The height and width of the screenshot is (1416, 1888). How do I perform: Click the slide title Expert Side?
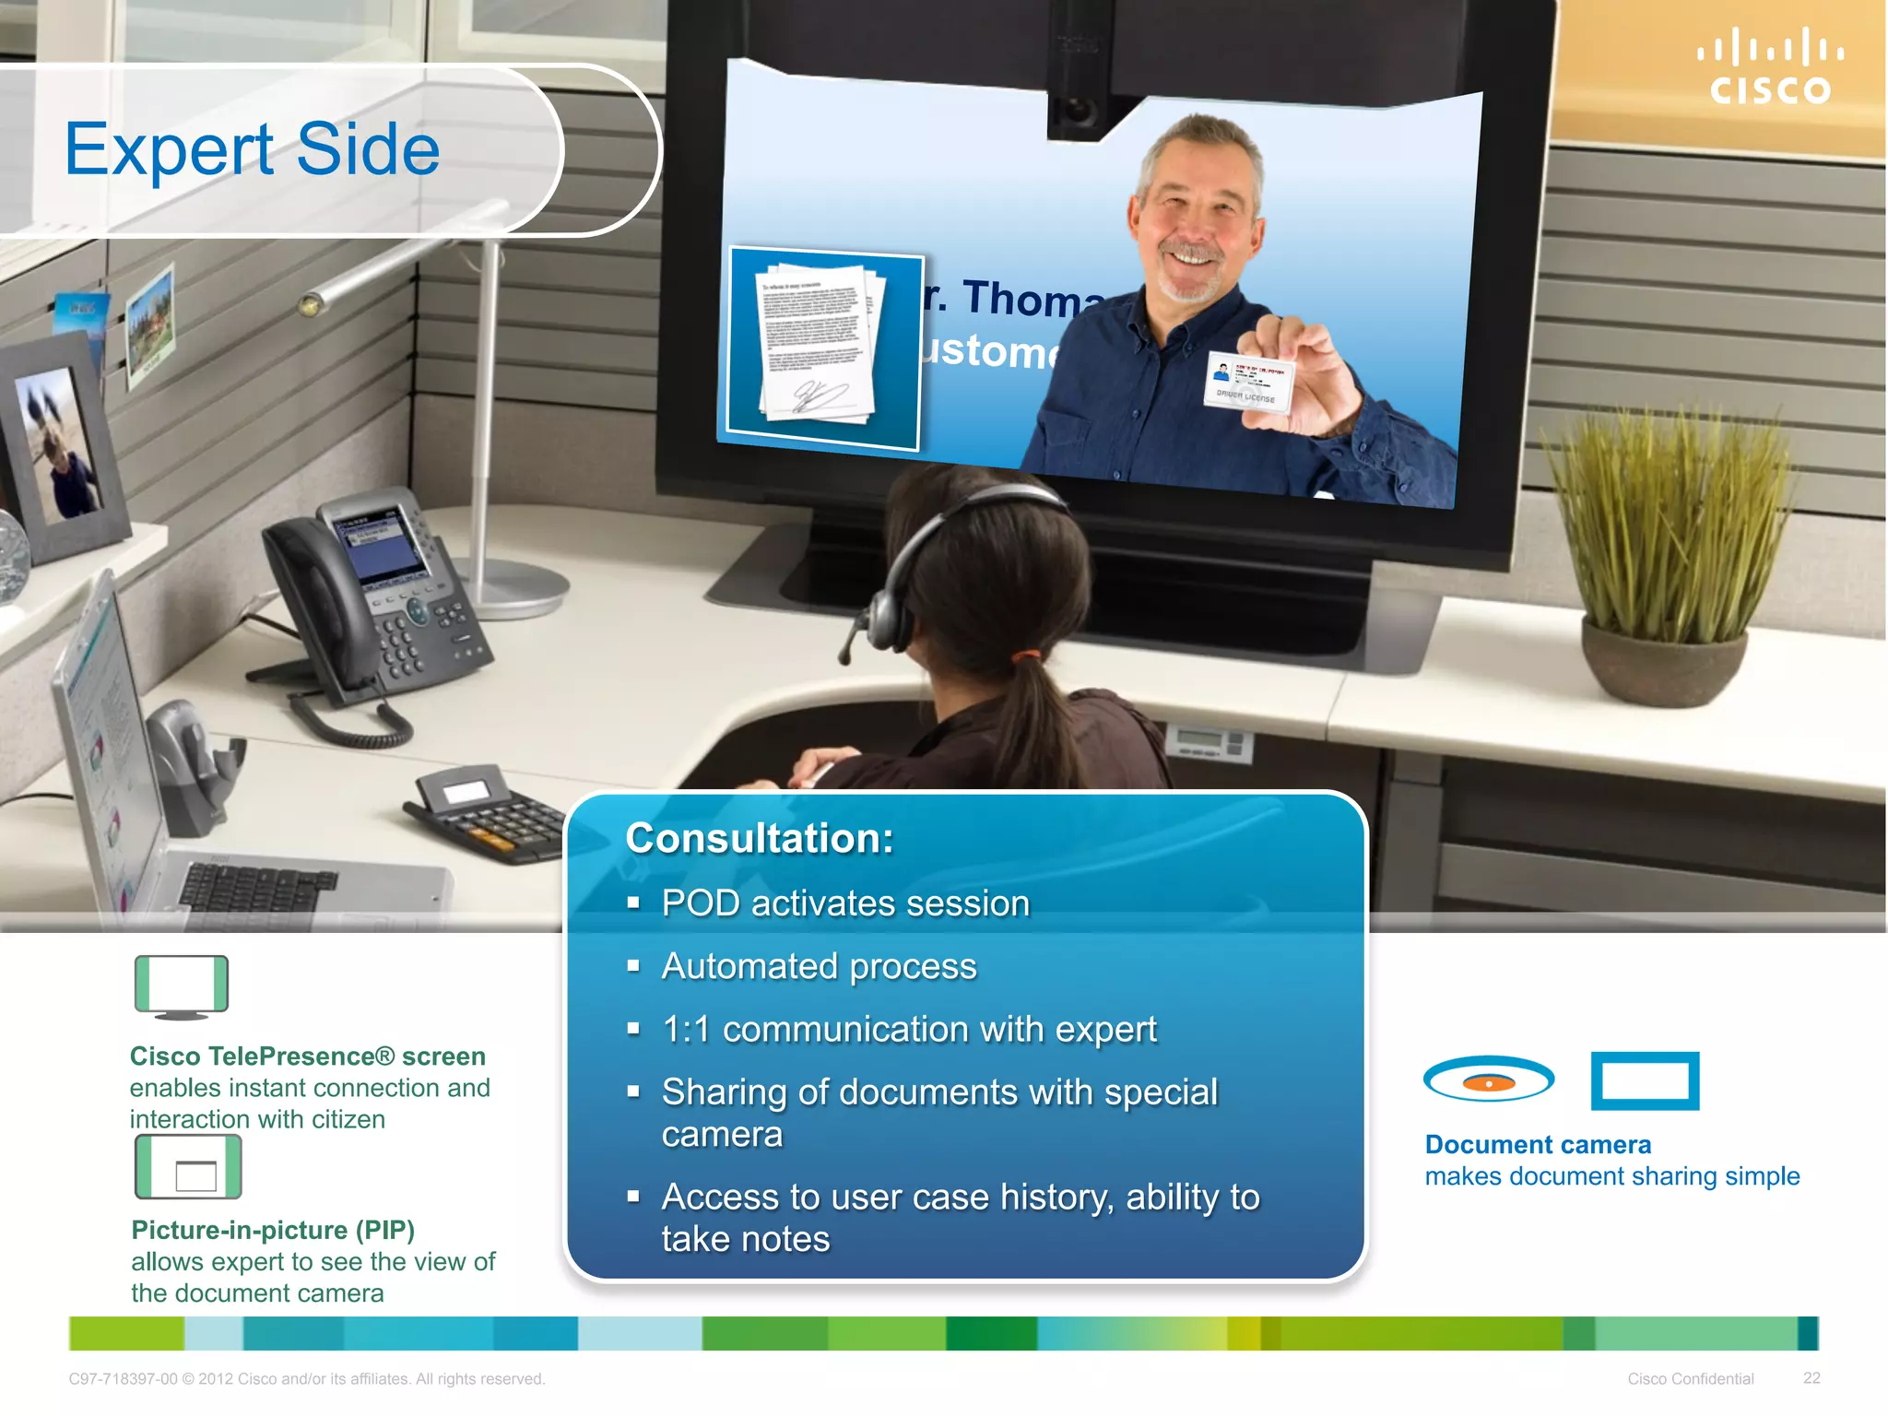tap(253, 149)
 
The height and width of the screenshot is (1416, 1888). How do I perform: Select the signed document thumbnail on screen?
tap(823, 348)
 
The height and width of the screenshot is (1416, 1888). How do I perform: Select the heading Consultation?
tap(760, 838)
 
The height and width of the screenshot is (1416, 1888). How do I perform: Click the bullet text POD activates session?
tap(844, 903)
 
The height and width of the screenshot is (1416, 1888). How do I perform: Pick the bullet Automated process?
tap(819, 966)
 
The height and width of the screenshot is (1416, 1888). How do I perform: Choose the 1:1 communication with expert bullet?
tap(908, 1029)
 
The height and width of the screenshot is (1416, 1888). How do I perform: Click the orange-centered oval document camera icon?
tap(1488, 1080)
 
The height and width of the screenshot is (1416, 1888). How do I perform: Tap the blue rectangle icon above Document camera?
tap(1645, 1080)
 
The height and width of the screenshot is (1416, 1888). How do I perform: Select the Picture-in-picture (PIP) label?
tap(273, 1230)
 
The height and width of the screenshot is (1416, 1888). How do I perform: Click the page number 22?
tap(1811, 1378)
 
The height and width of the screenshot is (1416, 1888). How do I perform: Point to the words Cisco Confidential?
tap(1690, 1379)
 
